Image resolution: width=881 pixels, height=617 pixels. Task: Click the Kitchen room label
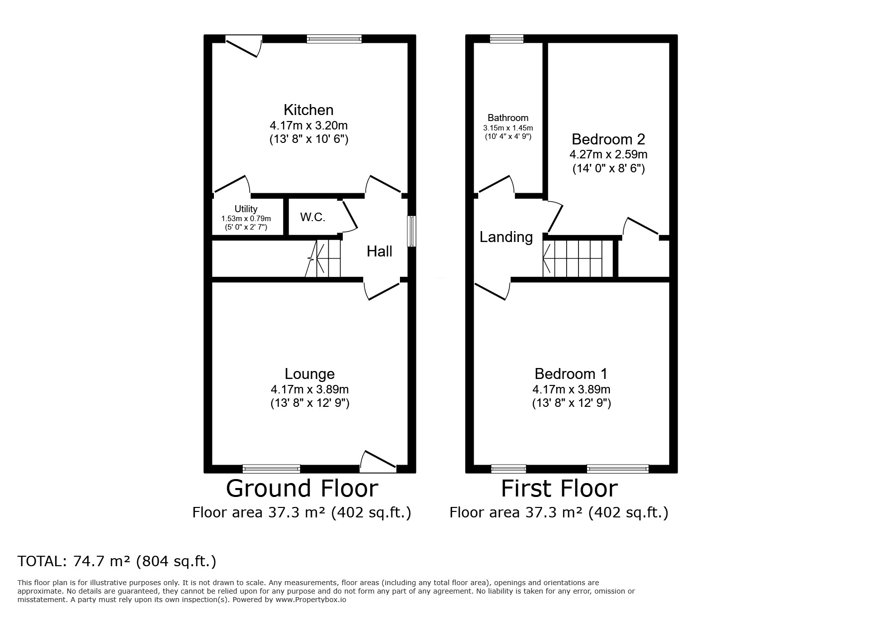[x=308, y=110]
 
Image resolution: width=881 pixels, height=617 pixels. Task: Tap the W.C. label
[x=312, y=217]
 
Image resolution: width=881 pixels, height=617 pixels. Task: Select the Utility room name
[x=246, y=209]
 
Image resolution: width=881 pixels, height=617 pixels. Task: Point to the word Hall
[x=379, y=251]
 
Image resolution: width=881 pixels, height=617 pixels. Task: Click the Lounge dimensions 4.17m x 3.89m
[x=309, y=389]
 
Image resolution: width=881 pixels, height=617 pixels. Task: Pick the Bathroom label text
[x=507, y=118]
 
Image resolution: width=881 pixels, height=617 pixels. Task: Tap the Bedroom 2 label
[x=608, y=139]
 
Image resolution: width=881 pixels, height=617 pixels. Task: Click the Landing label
[x=506, y=237]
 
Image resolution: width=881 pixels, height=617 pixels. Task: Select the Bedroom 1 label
[x=571, y=373]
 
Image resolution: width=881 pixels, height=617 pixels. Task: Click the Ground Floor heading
[x=302, y=489]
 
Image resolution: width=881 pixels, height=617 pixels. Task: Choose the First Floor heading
[x=559, y=489]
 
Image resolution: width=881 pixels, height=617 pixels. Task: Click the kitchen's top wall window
[x=334, y=39]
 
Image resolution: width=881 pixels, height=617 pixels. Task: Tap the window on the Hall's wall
[x=411, y=231]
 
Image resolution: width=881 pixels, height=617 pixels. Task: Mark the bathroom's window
[x=506, y=39]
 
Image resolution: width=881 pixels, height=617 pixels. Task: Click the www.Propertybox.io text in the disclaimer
[x=311, y=600]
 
